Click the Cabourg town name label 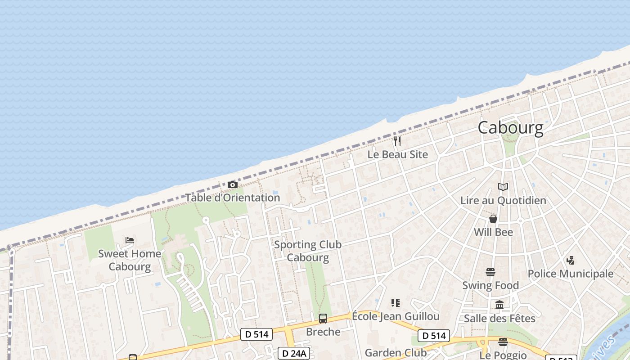click(x=510, y=128)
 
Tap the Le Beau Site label click(x=397, y=154)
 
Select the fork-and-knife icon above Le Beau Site click(x=397, y=141)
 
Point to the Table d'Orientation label click(x=233, y=198)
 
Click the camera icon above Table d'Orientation click(x=233, y=184)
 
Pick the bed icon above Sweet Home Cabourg click(x=130, y=240)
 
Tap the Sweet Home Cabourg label click(x=130, y=260)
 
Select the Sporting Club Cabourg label click(x=308, y=251)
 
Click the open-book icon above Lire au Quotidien click(x=503, y=187)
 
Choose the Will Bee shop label click(x=493, y=232)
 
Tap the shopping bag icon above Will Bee click(x=493, y=219)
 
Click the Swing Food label click(x=490, y=285)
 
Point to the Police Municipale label click(x=570, y=274)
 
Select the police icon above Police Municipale click(x=570, y=260)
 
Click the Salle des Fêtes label click(x=499, y=319)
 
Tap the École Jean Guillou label click(x=396, y=316)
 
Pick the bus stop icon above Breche click(x=323, y=319)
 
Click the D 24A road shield click(x=292, y=353)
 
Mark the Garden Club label click(x=396, y=353)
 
